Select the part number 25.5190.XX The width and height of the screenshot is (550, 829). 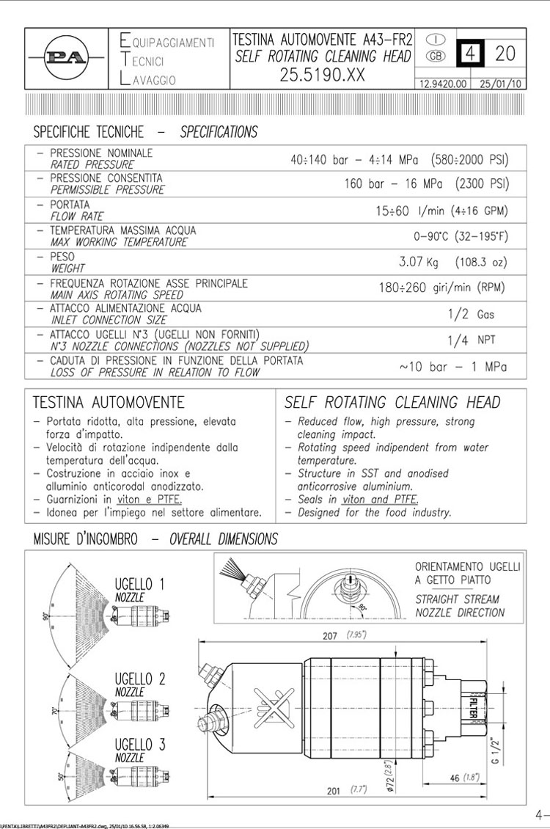tap(322, 75)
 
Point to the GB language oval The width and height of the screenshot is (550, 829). tap(436, 56)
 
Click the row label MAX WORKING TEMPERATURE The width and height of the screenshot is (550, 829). tap(119, 241)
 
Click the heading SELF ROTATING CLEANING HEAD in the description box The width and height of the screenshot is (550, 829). tap(392, 403)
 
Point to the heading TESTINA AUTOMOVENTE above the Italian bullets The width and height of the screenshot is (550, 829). tap(109, 403)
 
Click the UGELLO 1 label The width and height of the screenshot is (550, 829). tap(139, 585)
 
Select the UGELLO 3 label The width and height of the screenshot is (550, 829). tap(139, 745)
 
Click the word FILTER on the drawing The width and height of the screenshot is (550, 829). tap(472, 706)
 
